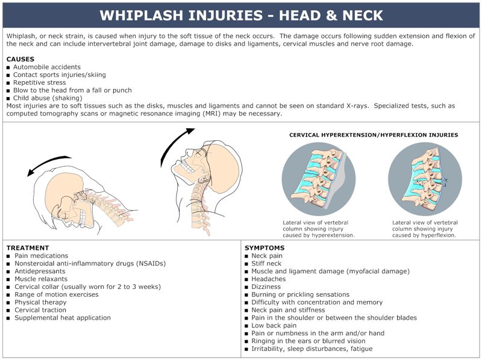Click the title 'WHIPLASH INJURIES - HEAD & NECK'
tap(241, 14)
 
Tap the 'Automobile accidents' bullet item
tap(47, 67)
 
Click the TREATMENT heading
tap(28, 247)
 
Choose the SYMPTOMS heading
tap(264, 247)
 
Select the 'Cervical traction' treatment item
tap(40, 310)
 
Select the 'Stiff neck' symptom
tap(266, 263)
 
